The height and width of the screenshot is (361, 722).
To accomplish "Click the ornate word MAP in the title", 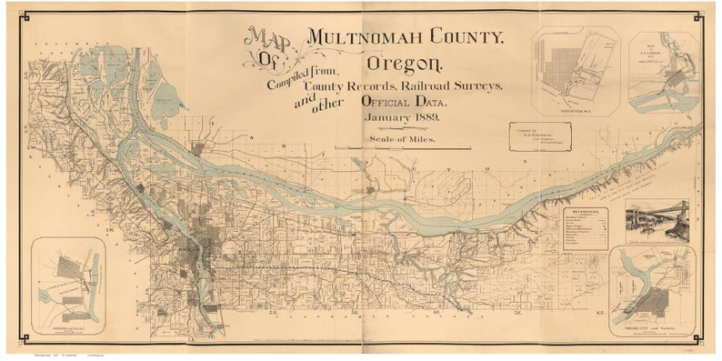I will (266, 40).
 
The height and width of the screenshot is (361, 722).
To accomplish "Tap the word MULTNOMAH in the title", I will (405, 37).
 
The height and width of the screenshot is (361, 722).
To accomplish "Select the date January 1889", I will (403, 118).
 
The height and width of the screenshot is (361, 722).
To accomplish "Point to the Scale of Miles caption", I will (403, 139).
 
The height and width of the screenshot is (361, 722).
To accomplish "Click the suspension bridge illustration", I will (657, 220).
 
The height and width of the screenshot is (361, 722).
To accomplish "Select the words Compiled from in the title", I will (300, 82).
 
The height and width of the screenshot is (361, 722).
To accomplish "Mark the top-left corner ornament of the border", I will (25, 16).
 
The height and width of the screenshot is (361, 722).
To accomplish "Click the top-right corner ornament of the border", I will (697, 16).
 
